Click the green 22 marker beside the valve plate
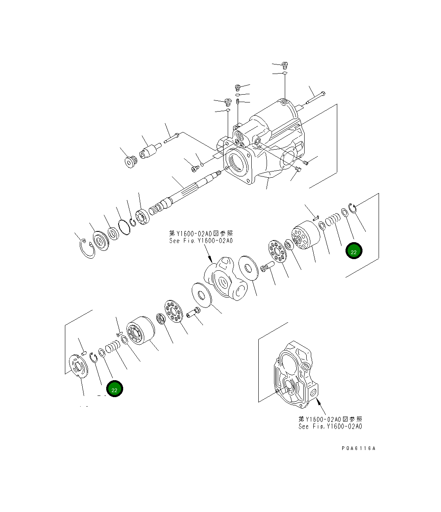click(x=114, y=389)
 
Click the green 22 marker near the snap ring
click(x=354, y=251)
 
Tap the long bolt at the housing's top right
click(x=315, y=98)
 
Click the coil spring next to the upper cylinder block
click(x=332, y=219)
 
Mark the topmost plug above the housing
click(x=285, y=65)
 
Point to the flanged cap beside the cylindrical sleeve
click(x=131, y=161)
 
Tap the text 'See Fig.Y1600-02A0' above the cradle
click(x=201, y=241)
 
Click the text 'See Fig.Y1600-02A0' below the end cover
click(x=330, y=426)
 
